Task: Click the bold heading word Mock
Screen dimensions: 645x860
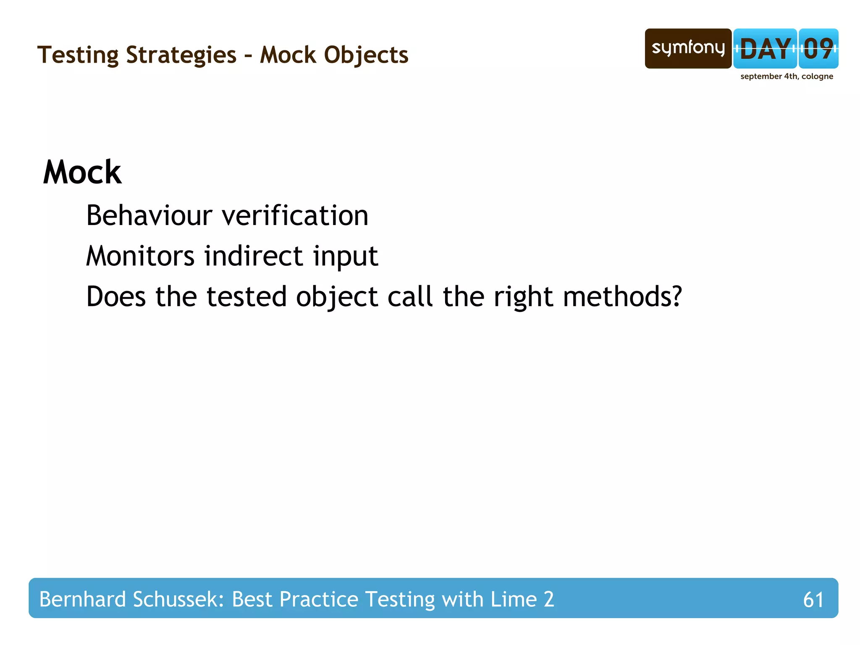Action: (82, 172)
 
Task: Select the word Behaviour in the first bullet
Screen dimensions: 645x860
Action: (149, 215)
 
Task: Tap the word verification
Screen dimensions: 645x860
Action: (295, 215)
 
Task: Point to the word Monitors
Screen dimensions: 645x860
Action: (140, 256)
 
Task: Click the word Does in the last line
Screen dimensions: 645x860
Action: (116, 296)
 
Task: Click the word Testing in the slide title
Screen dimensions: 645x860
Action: (78, 55)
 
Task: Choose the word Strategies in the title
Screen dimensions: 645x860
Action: (181, 55)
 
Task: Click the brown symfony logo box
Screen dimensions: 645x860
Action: (688, 48)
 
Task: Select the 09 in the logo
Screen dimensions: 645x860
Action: (818, 49)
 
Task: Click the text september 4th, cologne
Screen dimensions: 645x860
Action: (787, 76)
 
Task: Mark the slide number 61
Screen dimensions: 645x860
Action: (813, 600)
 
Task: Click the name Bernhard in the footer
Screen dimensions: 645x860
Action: (82, 599)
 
